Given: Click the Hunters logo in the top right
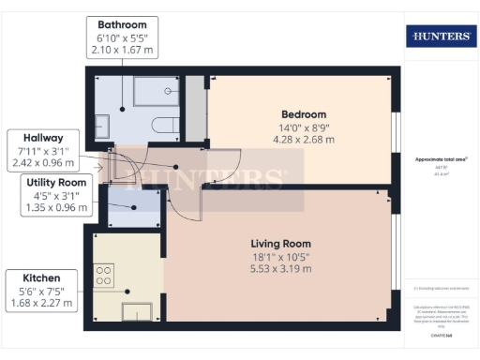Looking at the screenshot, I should tap(440, 37).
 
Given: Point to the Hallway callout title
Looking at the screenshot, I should tap(45, 138).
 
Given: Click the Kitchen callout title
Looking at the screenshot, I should tap(42, 278).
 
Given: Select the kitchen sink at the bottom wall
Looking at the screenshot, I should tap(138, 312).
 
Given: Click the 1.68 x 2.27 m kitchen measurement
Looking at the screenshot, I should tap(42, 304).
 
